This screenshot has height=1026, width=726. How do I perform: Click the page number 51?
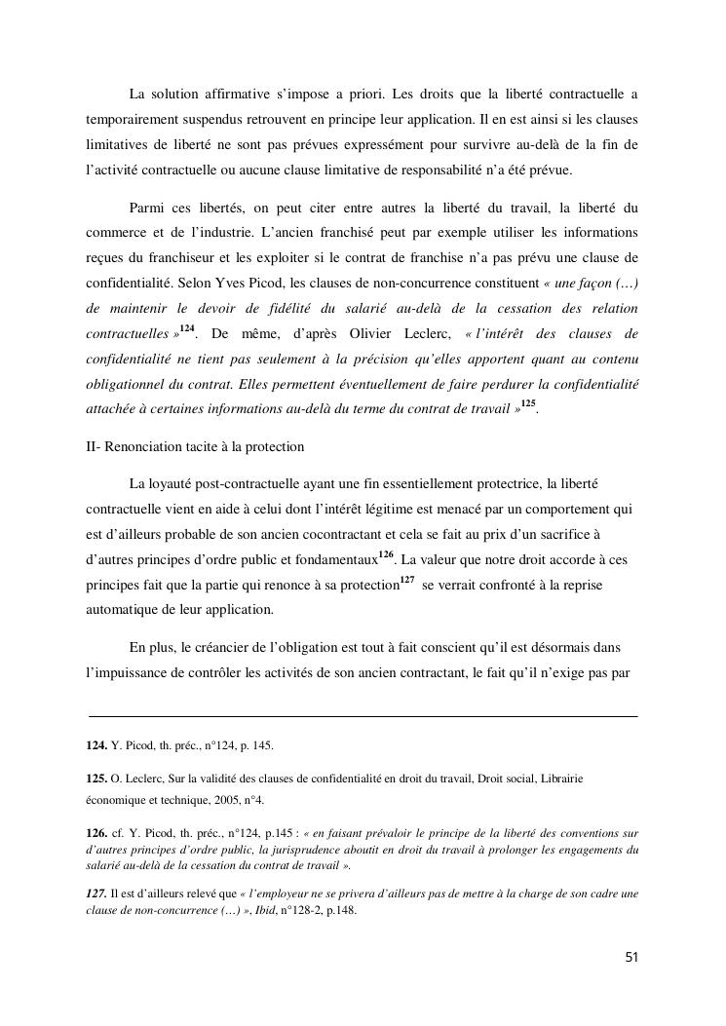[631, 957]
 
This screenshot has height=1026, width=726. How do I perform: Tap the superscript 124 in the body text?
[186, 328]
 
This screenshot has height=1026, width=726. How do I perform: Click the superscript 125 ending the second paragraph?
[528, 403]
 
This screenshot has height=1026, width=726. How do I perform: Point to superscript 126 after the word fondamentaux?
[386, 554]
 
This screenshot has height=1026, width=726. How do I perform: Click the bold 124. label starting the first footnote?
[96, 745]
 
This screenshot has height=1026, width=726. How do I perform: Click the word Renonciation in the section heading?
[145, 446]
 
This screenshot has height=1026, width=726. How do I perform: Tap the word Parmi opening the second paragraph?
[147, 208]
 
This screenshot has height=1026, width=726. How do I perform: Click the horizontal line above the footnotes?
[363, 716]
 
